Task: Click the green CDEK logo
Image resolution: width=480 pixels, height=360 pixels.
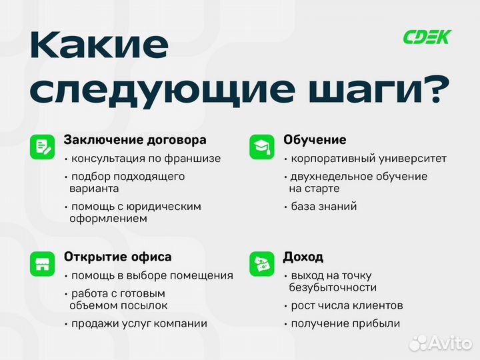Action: click(427, 37)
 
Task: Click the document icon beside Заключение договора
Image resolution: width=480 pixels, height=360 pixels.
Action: click(42, 147)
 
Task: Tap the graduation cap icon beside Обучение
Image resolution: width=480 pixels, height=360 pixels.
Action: click(261, 147)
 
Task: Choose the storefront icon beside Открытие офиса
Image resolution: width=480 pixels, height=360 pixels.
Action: click(42, 263)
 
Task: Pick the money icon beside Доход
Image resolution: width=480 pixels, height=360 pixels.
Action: click(261, 263)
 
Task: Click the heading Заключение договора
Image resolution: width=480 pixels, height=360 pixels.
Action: click(135, 140)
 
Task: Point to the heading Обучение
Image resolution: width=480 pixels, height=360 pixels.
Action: click(315, 140)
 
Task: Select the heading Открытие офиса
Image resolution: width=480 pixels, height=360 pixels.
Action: click(117, 257)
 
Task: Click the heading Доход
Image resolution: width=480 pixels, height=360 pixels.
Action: click(303, 257)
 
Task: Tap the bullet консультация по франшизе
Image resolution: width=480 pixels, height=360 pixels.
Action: click(145, 159)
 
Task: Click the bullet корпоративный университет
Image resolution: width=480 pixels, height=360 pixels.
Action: click(368, 159)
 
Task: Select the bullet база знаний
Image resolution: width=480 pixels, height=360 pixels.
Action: click(323, 206)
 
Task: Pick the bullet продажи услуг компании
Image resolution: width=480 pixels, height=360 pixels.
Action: click(139, 323)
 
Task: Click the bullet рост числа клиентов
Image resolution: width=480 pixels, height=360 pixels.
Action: click(346, 305)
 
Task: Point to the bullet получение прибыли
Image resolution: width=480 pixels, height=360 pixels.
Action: click(345, 323)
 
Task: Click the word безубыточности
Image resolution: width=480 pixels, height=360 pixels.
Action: click(333, 287)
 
